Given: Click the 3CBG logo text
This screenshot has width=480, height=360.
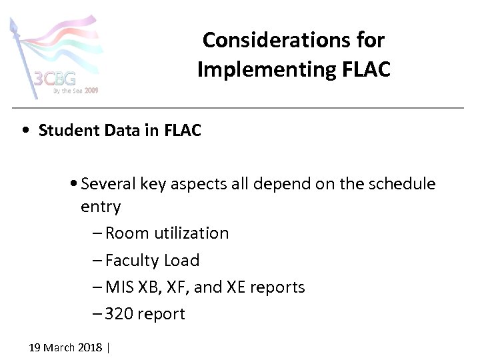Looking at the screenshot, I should [55, 80].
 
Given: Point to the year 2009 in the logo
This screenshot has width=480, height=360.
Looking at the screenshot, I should [91, 90].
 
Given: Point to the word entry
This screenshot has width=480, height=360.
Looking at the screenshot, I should [101, 207].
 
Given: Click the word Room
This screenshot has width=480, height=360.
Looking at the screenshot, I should [127, 233].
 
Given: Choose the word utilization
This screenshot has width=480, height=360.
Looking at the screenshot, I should [191, 233].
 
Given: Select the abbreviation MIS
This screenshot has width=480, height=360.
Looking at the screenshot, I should [119, 287].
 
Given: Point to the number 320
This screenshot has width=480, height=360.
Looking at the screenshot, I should [119, 314].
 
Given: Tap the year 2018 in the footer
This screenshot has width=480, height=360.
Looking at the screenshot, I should [91, 347].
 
